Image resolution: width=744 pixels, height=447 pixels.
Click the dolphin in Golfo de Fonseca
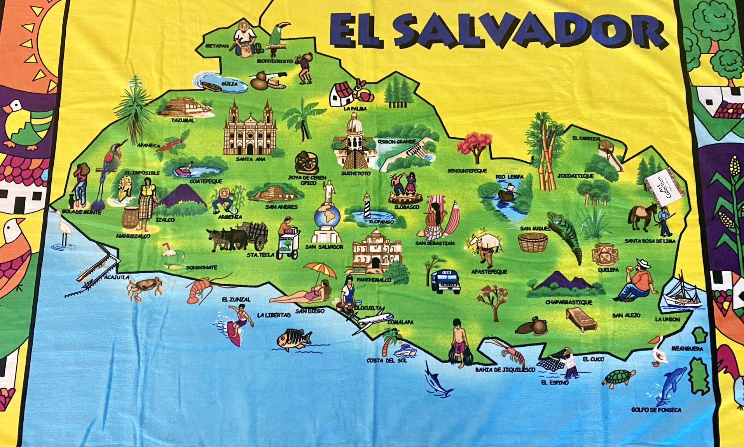(x=671, y=385)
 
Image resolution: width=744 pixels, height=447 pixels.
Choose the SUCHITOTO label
(x=356, y=173)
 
